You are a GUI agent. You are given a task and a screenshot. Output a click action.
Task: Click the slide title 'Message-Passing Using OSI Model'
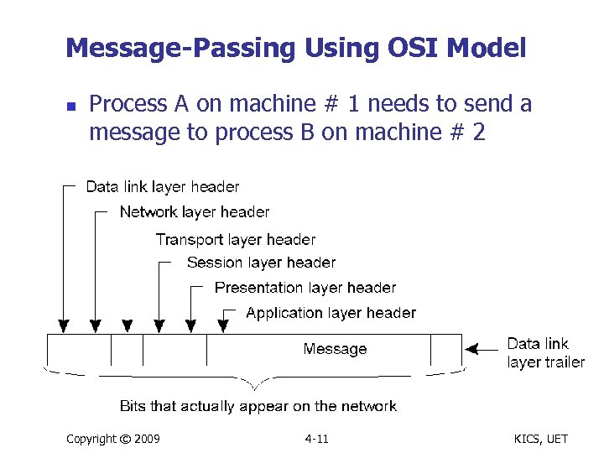coord(295,48)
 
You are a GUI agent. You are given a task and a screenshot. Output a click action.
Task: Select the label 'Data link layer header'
coord(163,187)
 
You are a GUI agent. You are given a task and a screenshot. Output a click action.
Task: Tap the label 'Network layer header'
coord(195,212)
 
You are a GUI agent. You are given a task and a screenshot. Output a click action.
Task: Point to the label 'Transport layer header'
coord(236,240)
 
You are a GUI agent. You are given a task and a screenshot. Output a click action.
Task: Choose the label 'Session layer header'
coord(261,263)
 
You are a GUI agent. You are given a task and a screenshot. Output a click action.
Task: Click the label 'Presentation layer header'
coord(305,288)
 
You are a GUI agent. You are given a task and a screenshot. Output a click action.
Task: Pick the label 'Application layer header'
coord(331,313)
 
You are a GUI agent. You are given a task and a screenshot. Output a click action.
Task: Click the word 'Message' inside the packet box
coord(335,349)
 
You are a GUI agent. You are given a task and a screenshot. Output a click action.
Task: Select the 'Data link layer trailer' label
coord(545,353)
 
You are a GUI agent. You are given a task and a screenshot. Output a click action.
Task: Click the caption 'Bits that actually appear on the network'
coord(258,406)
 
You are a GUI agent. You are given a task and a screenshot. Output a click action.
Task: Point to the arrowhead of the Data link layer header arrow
coord(62,325)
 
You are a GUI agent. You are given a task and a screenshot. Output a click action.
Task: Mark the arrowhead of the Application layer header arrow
coord(224,325)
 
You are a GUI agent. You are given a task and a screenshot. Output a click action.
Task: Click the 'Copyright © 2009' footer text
coord(113,439)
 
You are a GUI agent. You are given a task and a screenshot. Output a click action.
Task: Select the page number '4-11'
coord(316,439)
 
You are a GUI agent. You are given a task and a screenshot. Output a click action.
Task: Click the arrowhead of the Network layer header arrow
coord(96,325)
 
